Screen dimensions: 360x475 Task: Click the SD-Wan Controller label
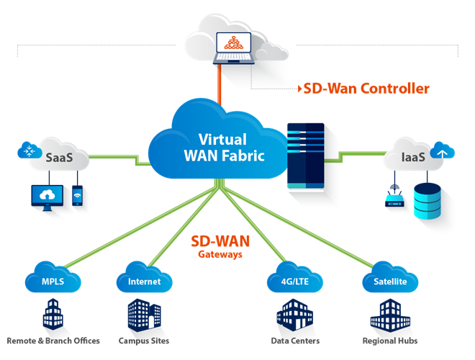366,89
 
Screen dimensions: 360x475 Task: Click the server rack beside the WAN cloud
306,156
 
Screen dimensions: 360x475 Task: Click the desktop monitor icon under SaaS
47,197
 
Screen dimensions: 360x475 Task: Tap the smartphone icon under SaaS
77,196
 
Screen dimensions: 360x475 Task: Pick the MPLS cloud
53,281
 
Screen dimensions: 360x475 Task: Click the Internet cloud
144,281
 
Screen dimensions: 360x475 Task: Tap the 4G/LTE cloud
295,281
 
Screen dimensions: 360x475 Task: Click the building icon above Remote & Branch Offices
53,314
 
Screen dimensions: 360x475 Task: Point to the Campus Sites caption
144,341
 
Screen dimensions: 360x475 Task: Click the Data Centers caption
295,341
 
